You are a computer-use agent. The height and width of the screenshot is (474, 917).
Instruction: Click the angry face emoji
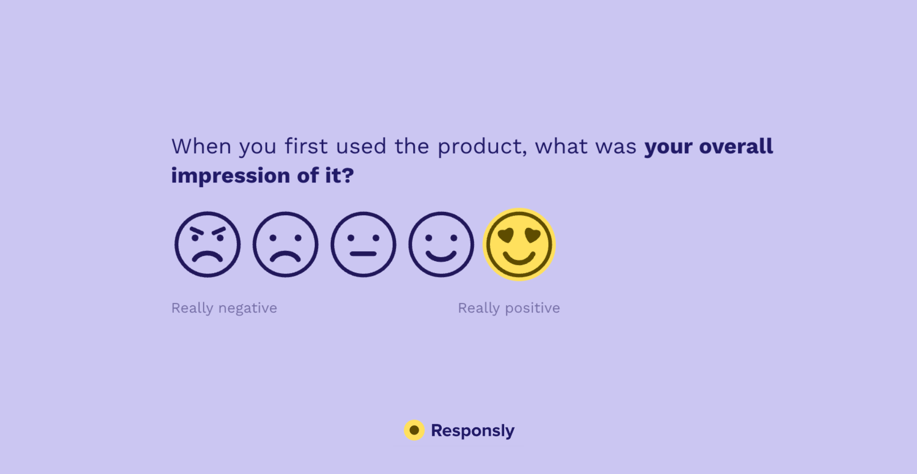coord(208,245)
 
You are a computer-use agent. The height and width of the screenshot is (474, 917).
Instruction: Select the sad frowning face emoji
coord(285,245)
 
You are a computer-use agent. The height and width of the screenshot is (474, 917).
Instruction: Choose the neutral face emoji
coord(363,245)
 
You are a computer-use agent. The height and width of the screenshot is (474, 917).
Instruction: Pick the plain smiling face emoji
coord(441,245)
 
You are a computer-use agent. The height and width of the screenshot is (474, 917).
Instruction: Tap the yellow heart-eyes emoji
coord(519,245)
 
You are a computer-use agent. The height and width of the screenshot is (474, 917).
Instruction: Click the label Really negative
coord(224,308)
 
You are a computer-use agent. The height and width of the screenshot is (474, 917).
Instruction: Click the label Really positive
coord(508,308)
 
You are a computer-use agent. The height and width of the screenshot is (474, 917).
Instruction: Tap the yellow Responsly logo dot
coord(414,430)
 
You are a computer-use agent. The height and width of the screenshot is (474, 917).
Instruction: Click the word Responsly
coord(472,430)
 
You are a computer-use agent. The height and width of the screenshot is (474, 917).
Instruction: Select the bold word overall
coord(736,146)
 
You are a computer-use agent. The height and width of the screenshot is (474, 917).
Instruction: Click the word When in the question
coord(201,146)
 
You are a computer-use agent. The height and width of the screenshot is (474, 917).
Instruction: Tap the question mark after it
coord(348,175)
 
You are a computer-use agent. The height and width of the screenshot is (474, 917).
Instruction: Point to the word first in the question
coord(306,146)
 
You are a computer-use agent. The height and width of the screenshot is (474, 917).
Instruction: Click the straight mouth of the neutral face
coord(363,254)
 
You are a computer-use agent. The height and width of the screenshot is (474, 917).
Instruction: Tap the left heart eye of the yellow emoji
coord(506,235)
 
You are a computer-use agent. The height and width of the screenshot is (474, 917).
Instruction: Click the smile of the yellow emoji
coord(519,259)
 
